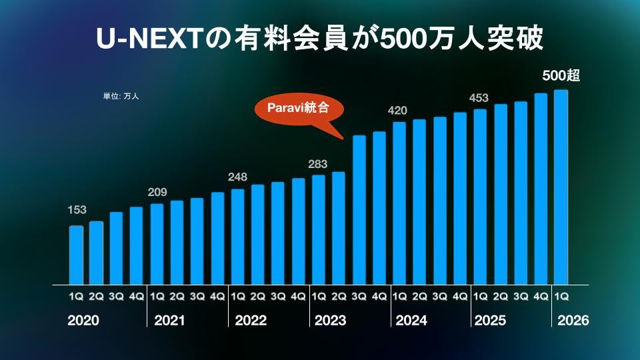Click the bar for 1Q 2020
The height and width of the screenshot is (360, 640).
pyautogui.click(x=77, y=255)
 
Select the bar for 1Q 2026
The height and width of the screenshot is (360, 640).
pyautogui.click(x=561, y=187)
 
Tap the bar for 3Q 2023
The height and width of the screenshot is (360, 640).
pyautogui.click(x=359, y=209)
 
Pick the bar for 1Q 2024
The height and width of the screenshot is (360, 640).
pyautogui.click(x=399, y=203)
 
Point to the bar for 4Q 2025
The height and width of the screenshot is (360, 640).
pyautogui.click(x=541, y=189)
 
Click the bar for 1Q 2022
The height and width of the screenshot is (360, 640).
pyautogui.click(x=238, y=237)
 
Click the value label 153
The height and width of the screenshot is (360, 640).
pyautogui.click(x=77, y=210)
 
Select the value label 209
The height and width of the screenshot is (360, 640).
pyautogui.click(x=157, y=193)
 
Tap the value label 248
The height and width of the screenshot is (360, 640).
pyautogui.click(x=237, y=177)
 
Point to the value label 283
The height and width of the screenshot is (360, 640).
pyautogui.click(x=318, y=163)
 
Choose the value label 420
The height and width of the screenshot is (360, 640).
pyautogui.click(x=398, y=110)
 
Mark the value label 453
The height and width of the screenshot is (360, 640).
pyautogui.click(x=479, y=98)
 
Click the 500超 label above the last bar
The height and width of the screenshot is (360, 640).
pyautogui.click(x=561, y=76)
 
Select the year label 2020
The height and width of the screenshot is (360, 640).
pyautogui.click(x=83, y=321)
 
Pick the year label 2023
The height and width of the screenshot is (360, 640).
pyautogui.click(x=330, y=321)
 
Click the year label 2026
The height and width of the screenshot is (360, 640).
pyautogui.click(x=573, y=321)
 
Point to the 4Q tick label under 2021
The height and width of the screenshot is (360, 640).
pyautogui.click(x=217, y=295)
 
